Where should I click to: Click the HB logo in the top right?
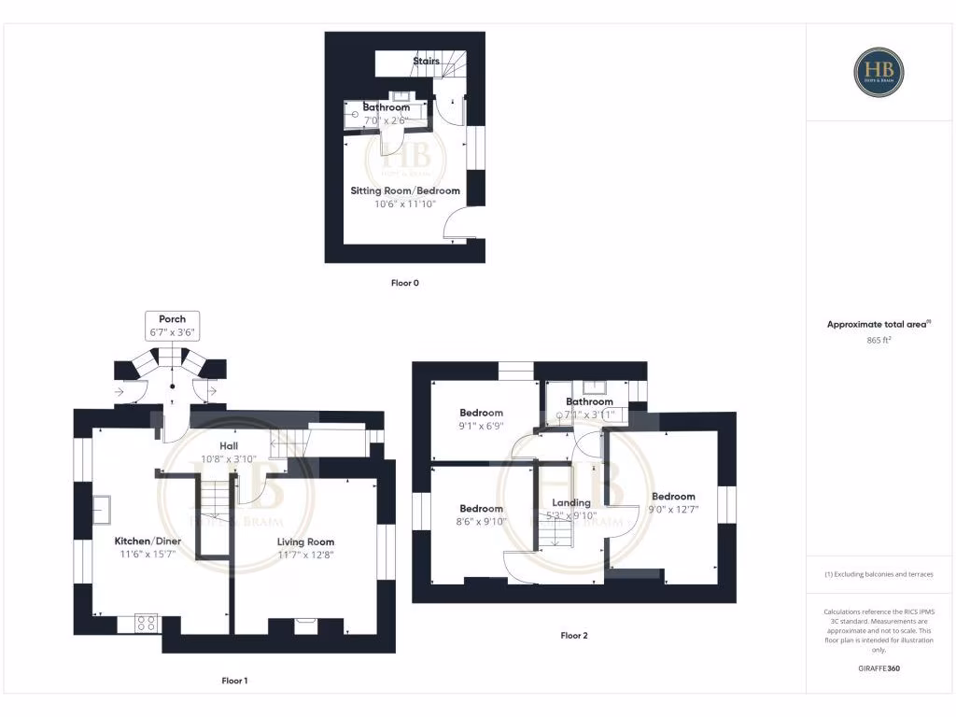[x=879, y=71]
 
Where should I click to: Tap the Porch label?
[x=172, y=319]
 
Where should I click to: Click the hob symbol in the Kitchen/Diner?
[x=147, y=624]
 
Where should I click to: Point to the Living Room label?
[x=305, y=541]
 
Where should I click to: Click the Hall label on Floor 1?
[x=229, y=446]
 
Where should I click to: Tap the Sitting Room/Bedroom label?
[x=405, y=190]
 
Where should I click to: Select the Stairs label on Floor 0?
[x=426, y=62]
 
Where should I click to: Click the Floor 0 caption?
[x=404, y=282]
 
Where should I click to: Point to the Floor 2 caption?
[x=574, y=636]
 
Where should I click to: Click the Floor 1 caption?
[x=234, y=681]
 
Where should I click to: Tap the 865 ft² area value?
[x=879, y=341]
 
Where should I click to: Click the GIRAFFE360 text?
[x=879, y=668]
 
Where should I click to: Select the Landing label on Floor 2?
[x=570, y=502]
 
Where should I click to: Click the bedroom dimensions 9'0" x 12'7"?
[x=673, y=510]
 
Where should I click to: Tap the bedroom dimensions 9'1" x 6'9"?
[x=481, y=426]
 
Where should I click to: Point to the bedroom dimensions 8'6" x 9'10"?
[x=481, y=522]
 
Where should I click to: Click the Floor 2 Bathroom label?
[x=589, y=402]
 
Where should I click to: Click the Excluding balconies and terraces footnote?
[x=879, y=574]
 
